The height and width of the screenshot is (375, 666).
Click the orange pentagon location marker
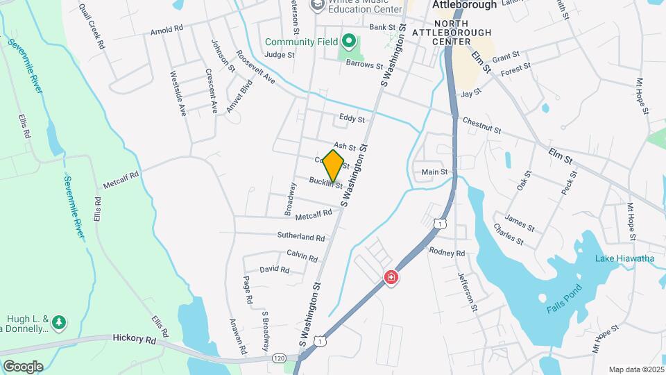(x=334, y=165)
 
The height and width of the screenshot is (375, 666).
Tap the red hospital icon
(x=391, y=278)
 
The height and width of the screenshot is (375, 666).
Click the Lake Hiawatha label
(x=624, y=259)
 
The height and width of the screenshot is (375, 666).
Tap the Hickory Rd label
(x=135, y=339)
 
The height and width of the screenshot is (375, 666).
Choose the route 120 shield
(x=278, y=358)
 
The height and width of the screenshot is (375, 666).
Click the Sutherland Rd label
(x=301, y=237)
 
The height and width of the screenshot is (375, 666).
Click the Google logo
(x=23, y=366)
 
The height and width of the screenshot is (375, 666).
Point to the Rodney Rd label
(x=447, y=252)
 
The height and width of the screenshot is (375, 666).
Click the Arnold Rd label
(x=166, y=30)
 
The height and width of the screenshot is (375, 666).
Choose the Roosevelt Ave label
(x=255, y=67)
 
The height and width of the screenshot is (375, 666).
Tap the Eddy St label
(x=352, y=119)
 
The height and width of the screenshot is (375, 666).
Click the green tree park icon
(x=60, y=322)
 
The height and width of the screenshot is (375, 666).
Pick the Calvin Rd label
(x=302, y=256)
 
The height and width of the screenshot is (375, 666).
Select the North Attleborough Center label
(x=452, y=37)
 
